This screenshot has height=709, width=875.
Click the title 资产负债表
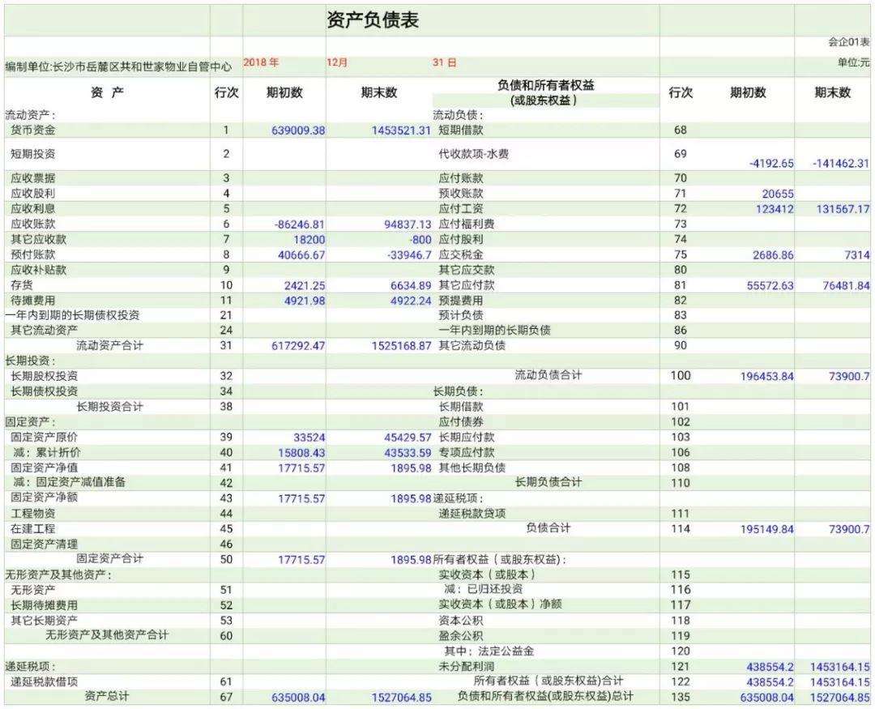coord(373,21)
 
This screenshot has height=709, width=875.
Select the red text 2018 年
coord(261,62)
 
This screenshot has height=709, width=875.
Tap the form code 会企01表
coord(848,42)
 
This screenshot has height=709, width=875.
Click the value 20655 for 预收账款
coord(778,194)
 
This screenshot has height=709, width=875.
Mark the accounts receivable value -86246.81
coord(299,224)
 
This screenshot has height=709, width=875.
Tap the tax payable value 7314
coord(856,255)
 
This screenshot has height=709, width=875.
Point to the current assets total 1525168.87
coord(393,346)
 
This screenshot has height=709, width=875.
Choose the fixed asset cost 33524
coord(309,438)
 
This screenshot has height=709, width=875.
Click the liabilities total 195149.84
coord(766,529)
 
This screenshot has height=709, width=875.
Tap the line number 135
coord(681,697)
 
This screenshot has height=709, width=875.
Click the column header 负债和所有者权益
coord(544,85)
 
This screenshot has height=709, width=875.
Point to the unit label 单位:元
coord(853,63)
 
